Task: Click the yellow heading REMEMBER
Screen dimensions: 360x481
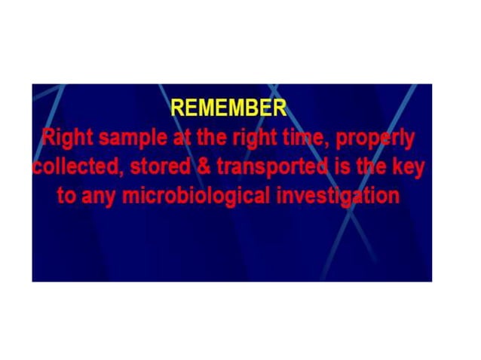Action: pos(228,108)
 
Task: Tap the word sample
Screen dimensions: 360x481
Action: pos(134,139)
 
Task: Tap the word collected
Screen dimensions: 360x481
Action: pos(75,167)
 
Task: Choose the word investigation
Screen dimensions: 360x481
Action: pos(337,196)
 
